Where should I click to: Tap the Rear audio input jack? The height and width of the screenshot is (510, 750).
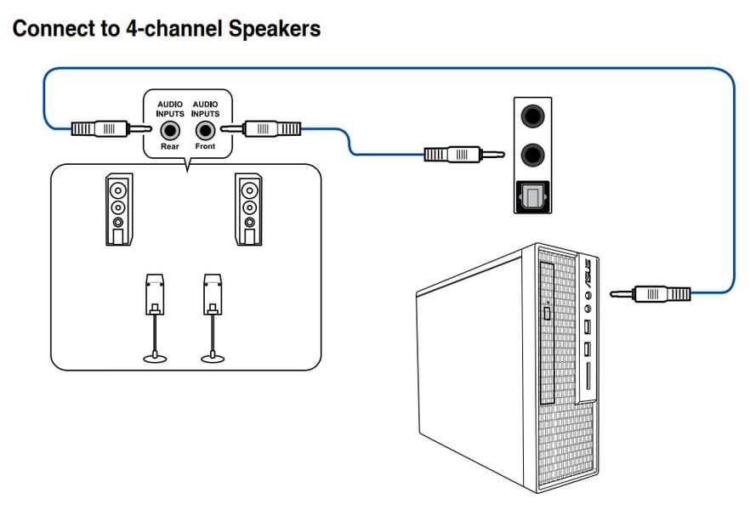click(170, 131)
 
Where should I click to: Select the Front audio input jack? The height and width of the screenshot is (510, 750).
click(204, 131)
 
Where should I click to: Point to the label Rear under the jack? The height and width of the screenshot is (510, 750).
click(170, 147)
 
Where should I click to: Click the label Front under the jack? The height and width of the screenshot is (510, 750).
click(204, 147)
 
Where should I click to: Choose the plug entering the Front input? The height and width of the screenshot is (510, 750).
click(270, 129)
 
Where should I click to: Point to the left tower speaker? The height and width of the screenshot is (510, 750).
click(119, 210)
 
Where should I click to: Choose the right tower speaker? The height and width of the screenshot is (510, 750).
click(248, 210)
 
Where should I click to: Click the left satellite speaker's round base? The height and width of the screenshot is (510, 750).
click(155, 359)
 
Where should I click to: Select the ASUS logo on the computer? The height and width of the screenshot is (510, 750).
click(586, 273)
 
